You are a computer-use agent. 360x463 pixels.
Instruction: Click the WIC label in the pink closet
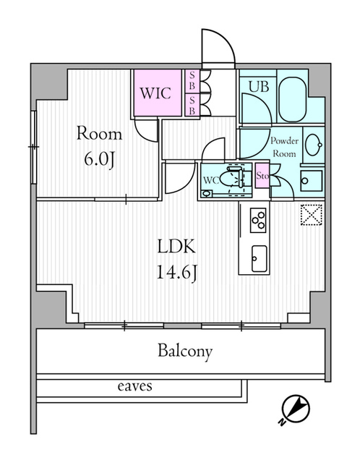coord(155,93)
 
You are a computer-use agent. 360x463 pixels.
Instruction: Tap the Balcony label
coord(185,351)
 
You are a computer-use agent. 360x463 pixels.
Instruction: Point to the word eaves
coord(135,386)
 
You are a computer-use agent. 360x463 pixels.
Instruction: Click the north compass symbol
coord(295,409)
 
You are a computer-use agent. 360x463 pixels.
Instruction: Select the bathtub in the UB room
coord(293,95)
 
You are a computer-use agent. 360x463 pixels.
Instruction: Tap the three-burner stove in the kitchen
coord(258,220)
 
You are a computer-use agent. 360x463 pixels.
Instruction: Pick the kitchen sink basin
coord(259,258)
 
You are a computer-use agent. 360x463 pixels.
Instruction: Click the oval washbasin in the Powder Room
coord(314,145)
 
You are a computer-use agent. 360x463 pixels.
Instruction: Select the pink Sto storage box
coord(262,175)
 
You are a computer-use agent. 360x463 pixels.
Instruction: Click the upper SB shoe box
coord(192,81)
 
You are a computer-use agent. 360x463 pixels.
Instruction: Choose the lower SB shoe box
coord(192,105)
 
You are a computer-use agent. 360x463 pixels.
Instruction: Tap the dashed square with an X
coord(312,215)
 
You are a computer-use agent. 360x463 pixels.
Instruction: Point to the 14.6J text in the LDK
coord(176,273)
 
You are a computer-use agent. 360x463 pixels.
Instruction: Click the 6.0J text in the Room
coord(99,161)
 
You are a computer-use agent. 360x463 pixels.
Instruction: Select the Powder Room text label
coord(285,147)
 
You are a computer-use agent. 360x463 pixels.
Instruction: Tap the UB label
coord(259,87)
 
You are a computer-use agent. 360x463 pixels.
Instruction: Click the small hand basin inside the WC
coord(207,194)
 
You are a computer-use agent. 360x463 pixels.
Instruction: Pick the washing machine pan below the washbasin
coord(312,180)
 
